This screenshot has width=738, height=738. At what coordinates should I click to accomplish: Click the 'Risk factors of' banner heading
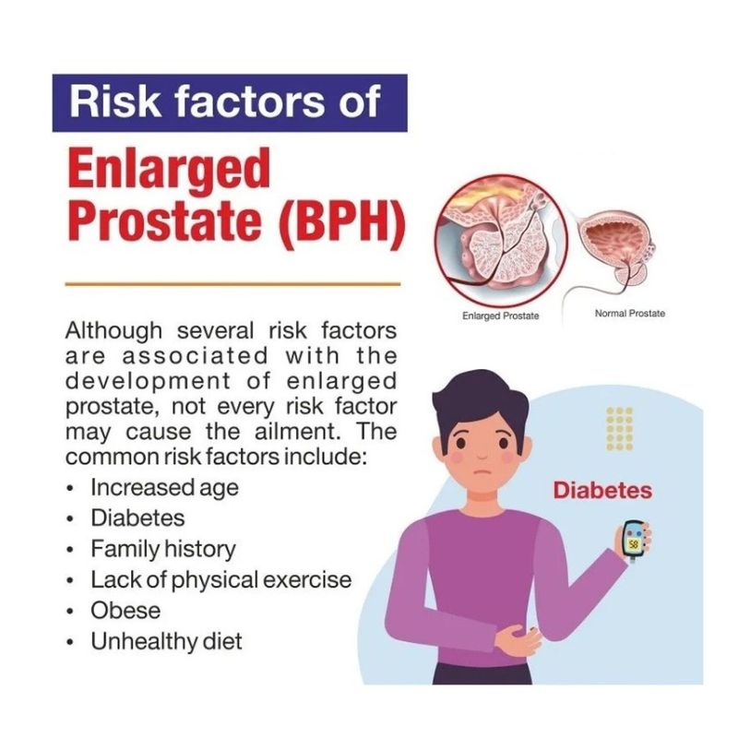(x=224, y=101)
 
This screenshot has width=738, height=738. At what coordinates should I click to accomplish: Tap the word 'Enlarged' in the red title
(x=170, y=171)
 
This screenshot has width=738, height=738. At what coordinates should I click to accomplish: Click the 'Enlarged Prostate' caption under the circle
(x=500, y=315)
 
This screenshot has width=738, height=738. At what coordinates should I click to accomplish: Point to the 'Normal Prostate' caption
(x=630, y=313)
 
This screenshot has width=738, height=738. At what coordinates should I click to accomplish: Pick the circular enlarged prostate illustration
(x=501, y=239)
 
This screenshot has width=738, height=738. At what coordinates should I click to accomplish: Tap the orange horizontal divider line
(x=232, y=284)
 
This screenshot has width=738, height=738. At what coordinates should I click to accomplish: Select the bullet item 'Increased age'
(x=164, y=487)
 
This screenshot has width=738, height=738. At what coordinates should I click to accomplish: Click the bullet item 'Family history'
(x=163, y=549)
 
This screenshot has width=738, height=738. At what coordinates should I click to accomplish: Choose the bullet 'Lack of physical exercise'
(x=220, y=580)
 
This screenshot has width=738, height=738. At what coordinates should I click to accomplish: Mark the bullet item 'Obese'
(x=125, y=611)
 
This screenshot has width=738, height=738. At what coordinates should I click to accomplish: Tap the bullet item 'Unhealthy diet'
(x=166, y=641)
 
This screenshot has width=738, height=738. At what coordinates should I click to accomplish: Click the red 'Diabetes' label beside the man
(x=602, y=491)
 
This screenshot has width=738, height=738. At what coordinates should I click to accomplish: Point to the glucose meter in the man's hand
(x=633, y=541)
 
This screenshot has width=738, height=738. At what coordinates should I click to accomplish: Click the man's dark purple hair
(x=480, y=400)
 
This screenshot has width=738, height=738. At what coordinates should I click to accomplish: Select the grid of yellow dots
(x=619, y=429)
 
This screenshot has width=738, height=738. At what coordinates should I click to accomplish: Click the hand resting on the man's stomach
(x=518, y=639)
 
